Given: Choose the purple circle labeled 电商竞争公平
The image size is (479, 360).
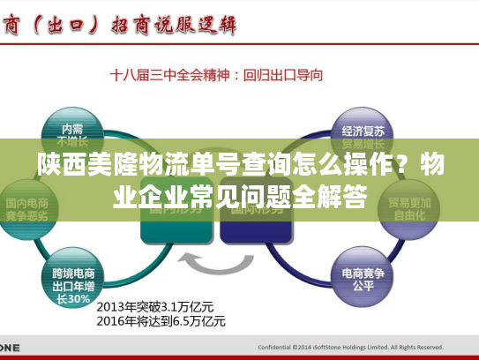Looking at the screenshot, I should pos(362,280).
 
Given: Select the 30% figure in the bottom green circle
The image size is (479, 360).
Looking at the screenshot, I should pos(79,298).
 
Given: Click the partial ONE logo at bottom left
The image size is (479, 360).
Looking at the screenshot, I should pos(9,347).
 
